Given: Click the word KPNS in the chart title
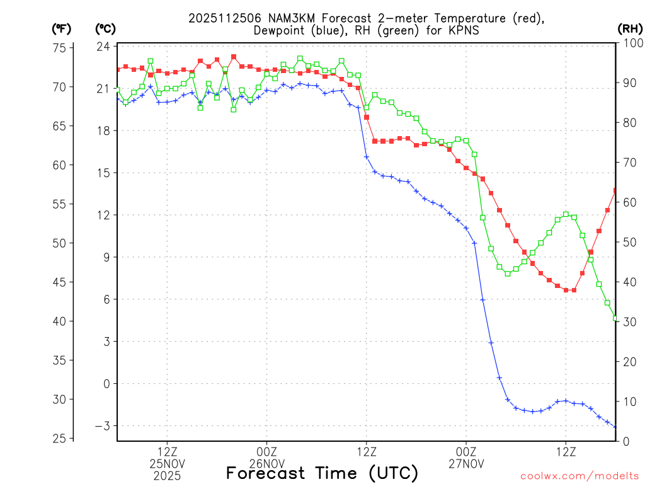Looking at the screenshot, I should pos(462,30).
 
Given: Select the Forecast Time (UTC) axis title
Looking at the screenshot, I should pos(322,473).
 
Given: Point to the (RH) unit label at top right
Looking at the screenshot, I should pos(629,28).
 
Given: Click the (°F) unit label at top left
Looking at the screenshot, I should pos(61,28).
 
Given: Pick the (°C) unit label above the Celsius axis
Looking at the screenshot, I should pos(105,28).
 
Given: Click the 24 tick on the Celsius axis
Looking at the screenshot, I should pos(104,46).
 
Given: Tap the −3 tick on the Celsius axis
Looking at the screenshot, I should pos(103,426).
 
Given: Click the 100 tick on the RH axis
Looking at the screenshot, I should pos(631,43).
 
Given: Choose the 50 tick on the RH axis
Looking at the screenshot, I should pos(629,242).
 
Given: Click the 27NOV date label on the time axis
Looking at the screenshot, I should pos(466,464).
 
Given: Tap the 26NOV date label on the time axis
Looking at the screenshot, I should pos(267,464).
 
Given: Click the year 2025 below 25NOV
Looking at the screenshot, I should pos(167,475).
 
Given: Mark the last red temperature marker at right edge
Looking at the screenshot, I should pos(615,190).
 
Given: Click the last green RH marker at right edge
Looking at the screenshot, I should pos(615,318).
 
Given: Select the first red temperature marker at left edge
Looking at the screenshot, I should pos(118,69).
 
